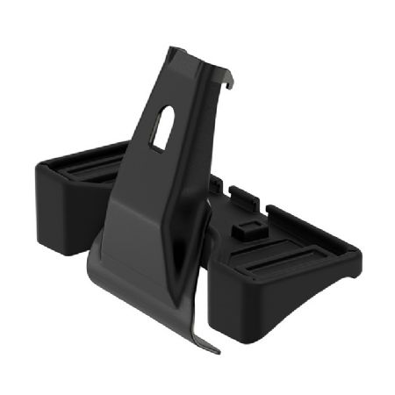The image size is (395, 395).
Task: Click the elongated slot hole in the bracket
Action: tap(162, 128)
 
